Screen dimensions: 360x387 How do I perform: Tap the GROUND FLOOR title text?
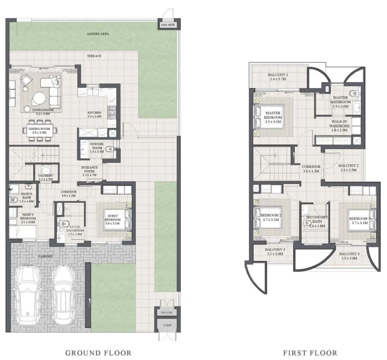click(x=98, y=353)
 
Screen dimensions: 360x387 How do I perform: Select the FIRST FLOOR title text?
click(x=310, y=353)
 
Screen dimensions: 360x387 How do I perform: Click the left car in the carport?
click(x=28, y=294)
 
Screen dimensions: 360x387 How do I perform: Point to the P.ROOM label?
click(x=166, y=313)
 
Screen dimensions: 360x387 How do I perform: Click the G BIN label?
click(x=166, y=325)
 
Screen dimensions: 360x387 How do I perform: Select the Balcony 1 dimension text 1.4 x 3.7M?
click(x=278, y=79)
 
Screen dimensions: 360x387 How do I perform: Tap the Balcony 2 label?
click(x=348, y=166)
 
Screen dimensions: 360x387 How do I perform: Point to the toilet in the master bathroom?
click(x=353, y=94)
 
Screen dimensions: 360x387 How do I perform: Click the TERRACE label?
click(x=94, y=56)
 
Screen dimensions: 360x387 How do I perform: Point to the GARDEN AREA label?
click(x=98, y=34)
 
